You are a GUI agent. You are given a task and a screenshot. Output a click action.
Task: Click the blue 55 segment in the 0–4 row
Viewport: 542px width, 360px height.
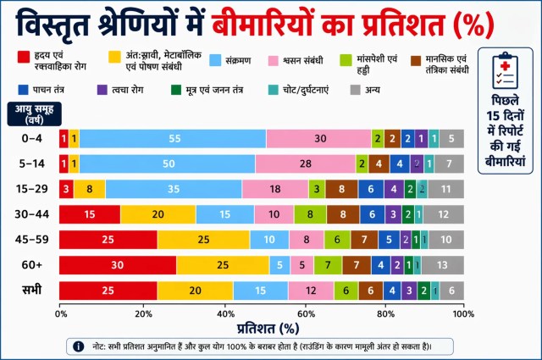click(174, 138)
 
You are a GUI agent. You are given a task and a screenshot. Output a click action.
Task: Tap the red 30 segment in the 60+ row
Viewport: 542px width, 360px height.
click(117, 266)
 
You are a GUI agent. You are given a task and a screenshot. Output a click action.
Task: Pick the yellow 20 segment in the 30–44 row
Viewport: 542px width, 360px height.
click(158, 215)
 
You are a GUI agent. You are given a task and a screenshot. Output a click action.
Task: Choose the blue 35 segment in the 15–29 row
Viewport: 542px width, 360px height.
click(173, 189)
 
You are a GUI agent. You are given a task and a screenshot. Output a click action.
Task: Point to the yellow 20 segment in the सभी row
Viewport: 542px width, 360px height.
click(195, 291)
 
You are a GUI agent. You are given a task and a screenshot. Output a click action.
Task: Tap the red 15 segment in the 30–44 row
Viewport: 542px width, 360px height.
click(90, 215)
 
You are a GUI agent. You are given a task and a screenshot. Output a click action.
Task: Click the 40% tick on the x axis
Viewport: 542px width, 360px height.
click(223, 313)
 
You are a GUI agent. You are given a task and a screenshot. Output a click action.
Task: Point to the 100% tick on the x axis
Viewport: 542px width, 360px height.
click(462, 313)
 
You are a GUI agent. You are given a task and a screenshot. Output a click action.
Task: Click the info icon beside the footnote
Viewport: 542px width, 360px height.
click(79, 346)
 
